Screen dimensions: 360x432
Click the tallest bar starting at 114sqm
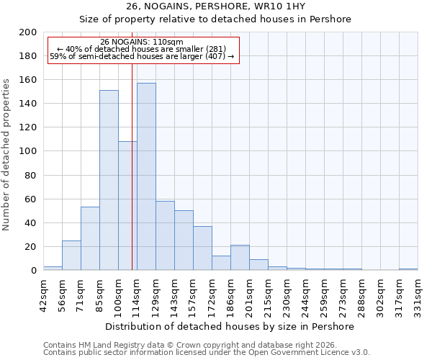tap(146, 176)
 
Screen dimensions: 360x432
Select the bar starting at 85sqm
tap(109, 180)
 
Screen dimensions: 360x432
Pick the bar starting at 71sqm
tap(90, 238)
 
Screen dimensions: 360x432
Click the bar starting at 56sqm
tap(71, 255)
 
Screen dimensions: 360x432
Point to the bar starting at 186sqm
tap(240, 258)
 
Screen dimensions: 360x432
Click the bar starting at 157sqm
tap(202, 248)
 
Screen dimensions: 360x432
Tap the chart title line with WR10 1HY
tap(215, 6)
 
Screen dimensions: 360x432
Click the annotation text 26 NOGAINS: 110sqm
tap(142, 42)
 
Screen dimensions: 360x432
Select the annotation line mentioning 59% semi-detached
tap(142, 56)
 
